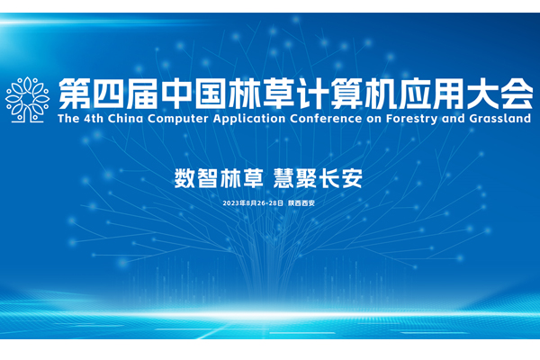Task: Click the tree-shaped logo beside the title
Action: coord(27,100)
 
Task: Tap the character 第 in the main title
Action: coord(74,94)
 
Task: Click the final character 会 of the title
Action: coord(517,94)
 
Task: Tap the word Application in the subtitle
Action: coord(249,119)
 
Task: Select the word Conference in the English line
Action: coord(326,119)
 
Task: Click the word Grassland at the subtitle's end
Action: coord(500,119)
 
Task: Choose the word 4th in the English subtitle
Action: coord(94,119)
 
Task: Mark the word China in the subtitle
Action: coord(125,119)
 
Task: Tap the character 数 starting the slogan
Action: coord(184,178)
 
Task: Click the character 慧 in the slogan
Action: coord(283,178)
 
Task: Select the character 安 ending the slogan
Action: coord(352,178)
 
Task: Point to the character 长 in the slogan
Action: coord(328,178)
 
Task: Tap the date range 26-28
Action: coord(267,203)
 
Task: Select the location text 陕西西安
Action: coord(301,203)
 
